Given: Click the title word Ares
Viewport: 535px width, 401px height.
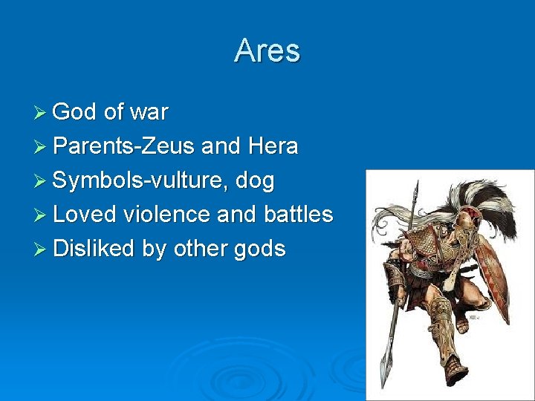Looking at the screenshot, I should point(267,51).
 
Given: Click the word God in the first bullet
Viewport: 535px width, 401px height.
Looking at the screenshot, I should point(75,112).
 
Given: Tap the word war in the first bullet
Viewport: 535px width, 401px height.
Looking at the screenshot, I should point(149,113).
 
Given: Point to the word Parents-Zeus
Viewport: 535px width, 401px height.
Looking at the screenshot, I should point(125,146).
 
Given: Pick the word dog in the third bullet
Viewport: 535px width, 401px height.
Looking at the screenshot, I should point(256,181).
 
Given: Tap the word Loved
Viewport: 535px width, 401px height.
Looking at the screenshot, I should point(85,215).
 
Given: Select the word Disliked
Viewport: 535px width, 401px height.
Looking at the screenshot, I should point(94,249).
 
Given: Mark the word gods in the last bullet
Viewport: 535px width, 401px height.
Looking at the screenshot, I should point(259,250).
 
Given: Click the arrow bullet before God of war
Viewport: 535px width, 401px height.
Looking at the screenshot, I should point(41,113).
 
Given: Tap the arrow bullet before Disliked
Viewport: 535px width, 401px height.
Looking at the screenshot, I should point(41,250).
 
